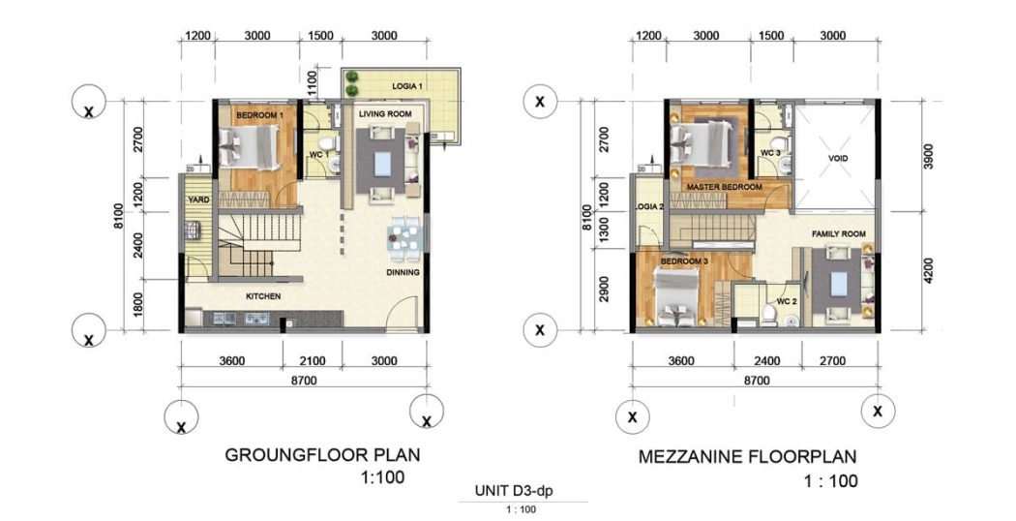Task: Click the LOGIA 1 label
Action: [407, 86]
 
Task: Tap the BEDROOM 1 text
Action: [260, 115]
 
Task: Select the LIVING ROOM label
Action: [385, 113]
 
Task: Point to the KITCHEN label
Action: [263, 296]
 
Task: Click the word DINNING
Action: [403, 272]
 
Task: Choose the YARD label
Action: [198, 199]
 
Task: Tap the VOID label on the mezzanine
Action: [837, 158]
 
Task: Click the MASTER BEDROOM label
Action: [725, 187]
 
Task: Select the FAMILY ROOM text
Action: [839, 233]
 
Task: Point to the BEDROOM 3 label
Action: [684, 260]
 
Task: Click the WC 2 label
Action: [787, 301]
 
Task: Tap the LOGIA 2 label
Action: [650, 207]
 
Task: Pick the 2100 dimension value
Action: [313, 361]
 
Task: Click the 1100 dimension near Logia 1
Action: [313, 83]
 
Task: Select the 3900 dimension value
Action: [929, 156]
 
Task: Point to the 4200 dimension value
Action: [929, 270]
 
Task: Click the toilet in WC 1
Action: [329, 142]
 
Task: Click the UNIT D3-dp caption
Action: [514, 491]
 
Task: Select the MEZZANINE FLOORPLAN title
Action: [747, 456]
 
